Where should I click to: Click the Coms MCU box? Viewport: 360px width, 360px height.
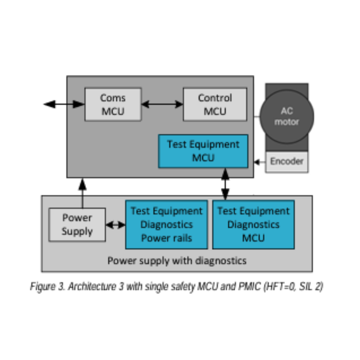pos(113,104)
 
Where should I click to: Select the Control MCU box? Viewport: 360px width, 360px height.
pos(215,104)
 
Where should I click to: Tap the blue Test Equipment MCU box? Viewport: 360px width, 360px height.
pos(203,151)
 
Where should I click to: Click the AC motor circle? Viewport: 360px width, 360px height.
pos(287,117)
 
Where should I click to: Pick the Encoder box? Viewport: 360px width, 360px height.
pos(287,162)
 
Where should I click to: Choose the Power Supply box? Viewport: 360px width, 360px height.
pos(77,225)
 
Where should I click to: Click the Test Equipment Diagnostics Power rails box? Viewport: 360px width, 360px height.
pos(166,224)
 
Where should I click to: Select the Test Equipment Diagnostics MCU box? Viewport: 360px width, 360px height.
pos(253,224)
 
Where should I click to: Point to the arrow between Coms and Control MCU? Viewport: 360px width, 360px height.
pos(162,104)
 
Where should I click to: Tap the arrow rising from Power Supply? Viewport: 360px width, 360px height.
pos(82,193)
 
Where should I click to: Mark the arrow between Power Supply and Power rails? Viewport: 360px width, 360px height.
pos(115,225)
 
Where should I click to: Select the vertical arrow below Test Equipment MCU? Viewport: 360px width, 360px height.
pos(225,184)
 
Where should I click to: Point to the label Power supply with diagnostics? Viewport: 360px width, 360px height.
pos(177,260)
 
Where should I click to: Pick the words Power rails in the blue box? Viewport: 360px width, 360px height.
pos(166,238)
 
